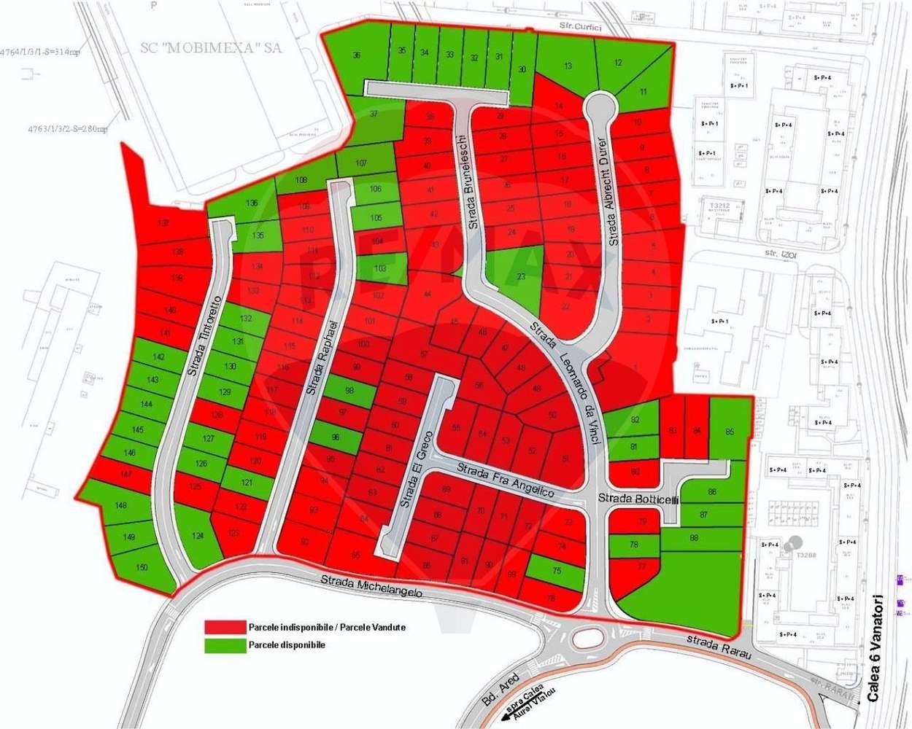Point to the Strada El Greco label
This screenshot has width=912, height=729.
click(x=417, y=469)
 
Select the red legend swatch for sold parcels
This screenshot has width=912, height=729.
click(x=225, y=627)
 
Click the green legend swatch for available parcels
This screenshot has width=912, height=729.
click(x=225, y=645)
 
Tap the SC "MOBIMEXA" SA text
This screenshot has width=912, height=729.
click(x=211, y=48)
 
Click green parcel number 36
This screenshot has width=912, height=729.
click(x=357, y=55)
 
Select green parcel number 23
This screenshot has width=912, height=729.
click(x=521, y=276)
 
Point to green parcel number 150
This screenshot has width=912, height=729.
click(x=142, y=567)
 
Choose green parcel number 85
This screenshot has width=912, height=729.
click(x=730, y=432)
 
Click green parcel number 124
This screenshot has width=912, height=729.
click(x=198, y=536)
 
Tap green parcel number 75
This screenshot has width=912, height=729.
click(x=557, y=571)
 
